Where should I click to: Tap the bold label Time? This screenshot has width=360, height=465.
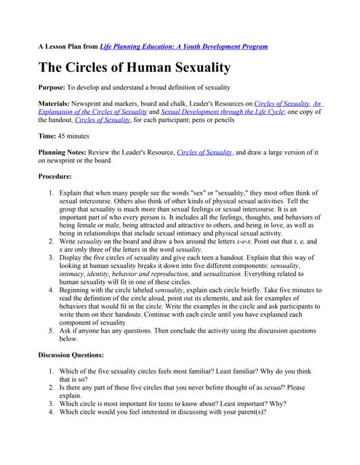point(49,136)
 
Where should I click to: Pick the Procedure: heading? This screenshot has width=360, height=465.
point(55,176)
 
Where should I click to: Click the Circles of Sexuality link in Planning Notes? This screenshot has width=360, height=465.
point(204,152)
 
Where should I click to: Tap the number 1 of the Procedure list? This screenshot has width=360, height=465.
point(51,193)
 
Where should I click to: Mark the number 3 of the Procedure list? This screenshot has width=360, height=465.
point(51,256)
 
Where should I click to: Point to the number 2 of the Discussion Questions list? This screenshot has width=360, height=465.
point(51,387)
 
